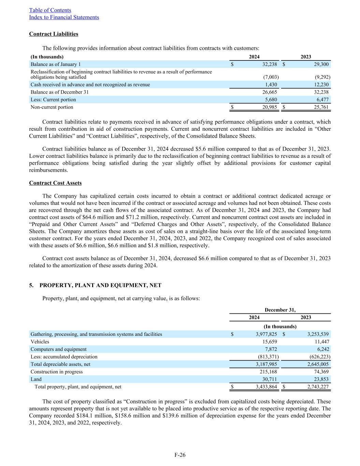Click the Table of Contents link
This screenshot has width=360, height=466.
tap(50, 10)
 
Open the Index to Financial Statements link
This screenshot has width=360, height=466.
tap(64, 17)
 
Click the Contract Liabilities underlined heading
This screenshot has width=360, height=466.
tap(54, 34)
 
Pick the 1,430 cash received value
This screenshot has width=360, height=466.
tap(271, 85)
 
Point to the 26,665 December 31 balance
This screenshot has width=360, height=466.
tap(269, 92)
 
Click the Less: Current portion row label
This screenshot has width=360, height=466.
tap(53, 100)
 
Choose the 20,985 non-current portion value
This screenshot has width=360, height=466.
tap(269, 107)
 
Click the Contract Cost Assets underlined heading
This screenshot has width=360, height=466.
tap(55, 183)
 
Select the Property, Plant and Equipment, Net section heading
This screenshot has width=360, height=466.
tap(100, 285)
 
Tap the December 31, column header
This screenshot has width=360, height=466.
tap(280, 310)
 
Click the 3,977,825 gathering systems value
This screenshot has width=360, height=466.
tap(266, 334)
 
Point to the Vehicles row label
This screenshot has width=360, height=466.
tap(40, 342)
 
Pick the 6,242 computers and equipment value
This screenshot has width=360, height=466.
tap(322, 349)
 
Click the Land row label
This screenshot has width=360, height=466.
tap(36, 379)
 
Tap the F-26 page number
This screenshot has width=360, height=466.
tap(180, 455)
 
